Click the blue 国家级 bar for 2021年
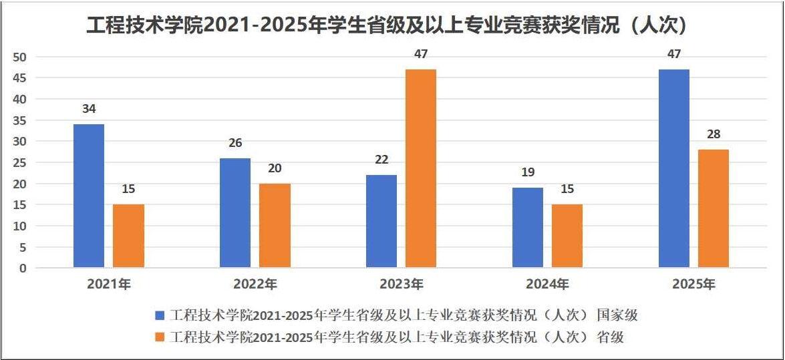tap(89, 196)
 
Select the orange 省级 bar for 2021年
tap(128, 236)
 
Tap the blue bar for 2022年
tap(235, 213)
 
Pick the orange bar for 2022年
tap(275, 226)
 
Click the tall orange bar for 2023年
tap(421, 168)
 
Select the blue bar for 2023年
tap(381, 221)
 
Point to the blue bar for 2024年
tap(528, 228)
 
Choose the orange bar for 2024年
tap(567, 236)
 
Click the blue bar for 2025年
tap(674, 168)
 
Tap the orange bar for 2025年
tap(714, 208)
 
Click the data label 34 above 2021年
tap(89, 109)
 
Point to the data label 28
tap(714, 134)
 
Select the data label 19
tap(528, 172)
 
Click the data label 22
tap(381, 160)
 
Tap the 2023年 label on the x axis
tap(402, 285)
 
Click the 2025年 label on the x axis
tap(693, 285)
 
